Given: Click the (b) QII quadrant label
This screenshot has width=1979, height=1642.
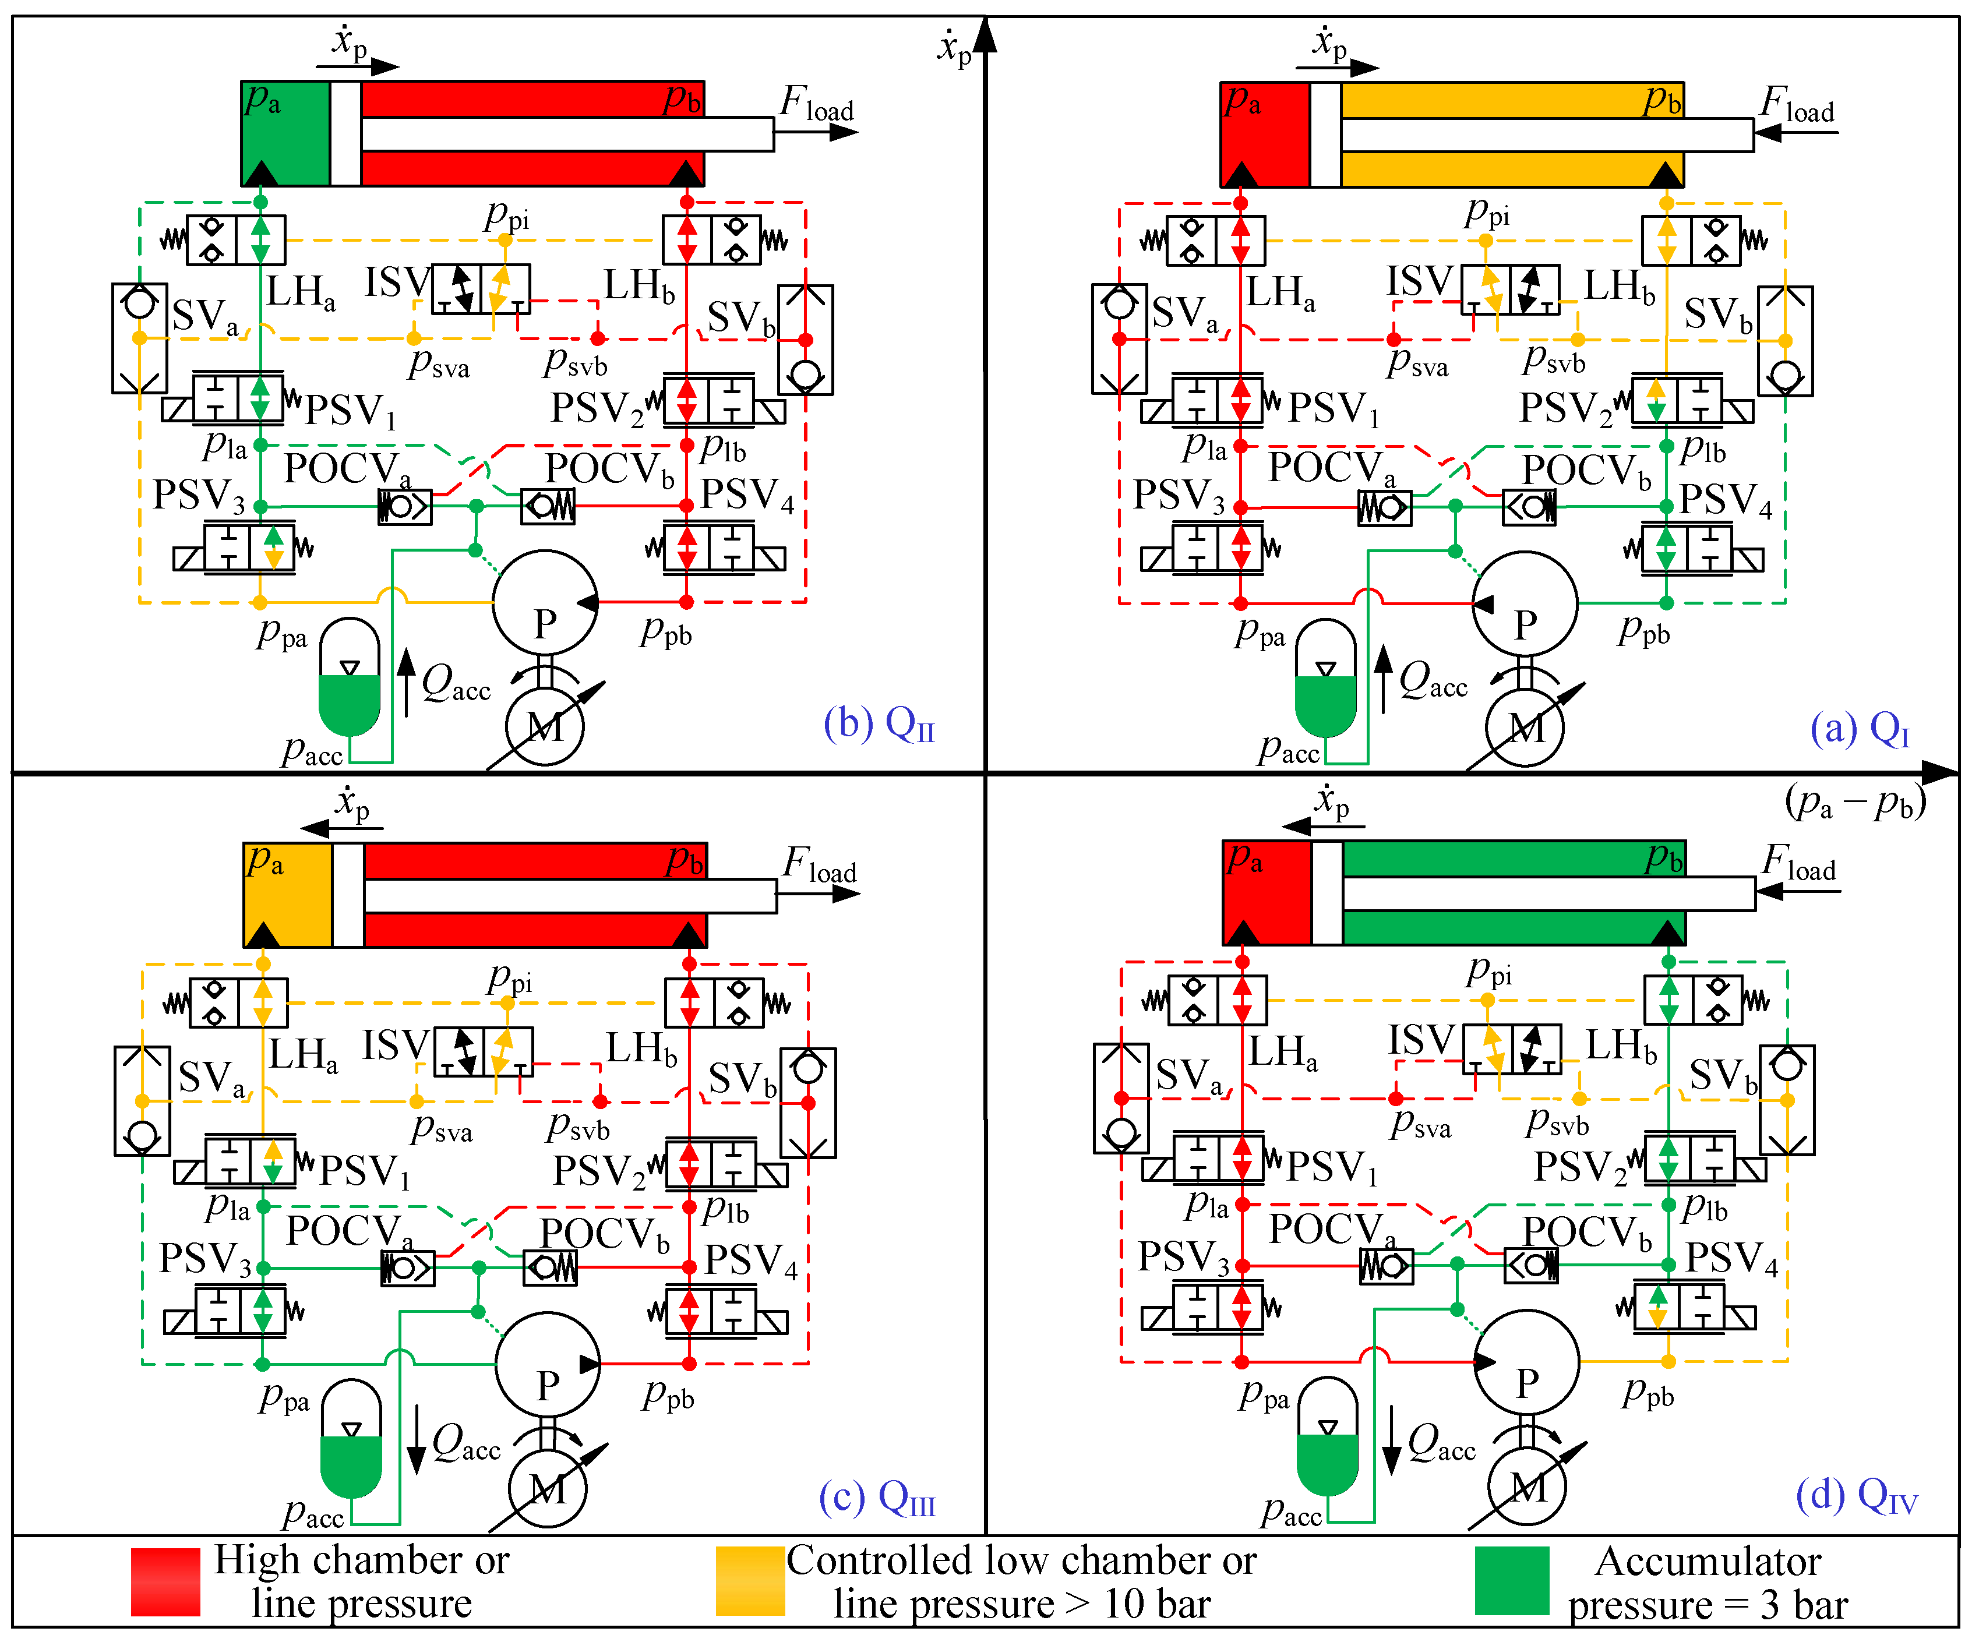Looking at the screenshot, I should click(879, 725).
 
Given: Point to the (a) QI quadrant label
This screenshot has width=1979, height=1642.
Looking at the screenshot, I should click(1860, 728).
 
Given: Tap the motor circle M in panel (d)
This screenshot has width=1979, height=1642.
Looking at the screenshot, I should click(1527, 1486).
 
